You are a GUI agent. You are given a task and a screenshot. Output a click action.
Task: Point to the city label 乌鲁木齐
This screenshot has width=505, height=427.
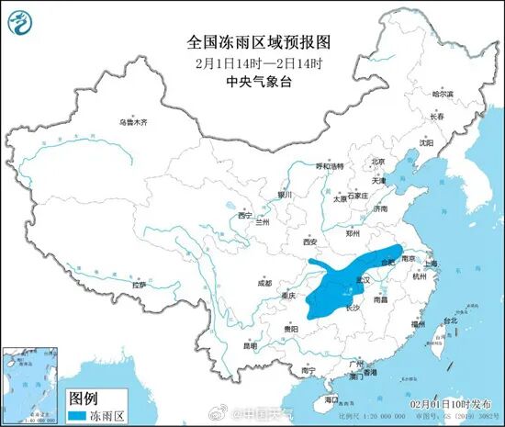pyautogui.click(x=132, y=121)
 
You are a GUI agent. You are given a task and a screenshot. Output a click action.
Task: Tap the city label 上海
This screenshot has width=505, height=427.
pyautogui.click(x=432, y=264)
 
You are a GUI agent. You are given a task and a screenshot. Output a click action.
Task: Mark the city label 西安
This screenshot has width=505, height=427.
pyautogui.click(x=309, y=242)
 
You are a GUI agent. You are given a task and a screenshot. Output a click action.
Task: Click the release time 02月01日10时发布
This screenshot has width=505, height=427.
pyautogui.click(x=453, y=402)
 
